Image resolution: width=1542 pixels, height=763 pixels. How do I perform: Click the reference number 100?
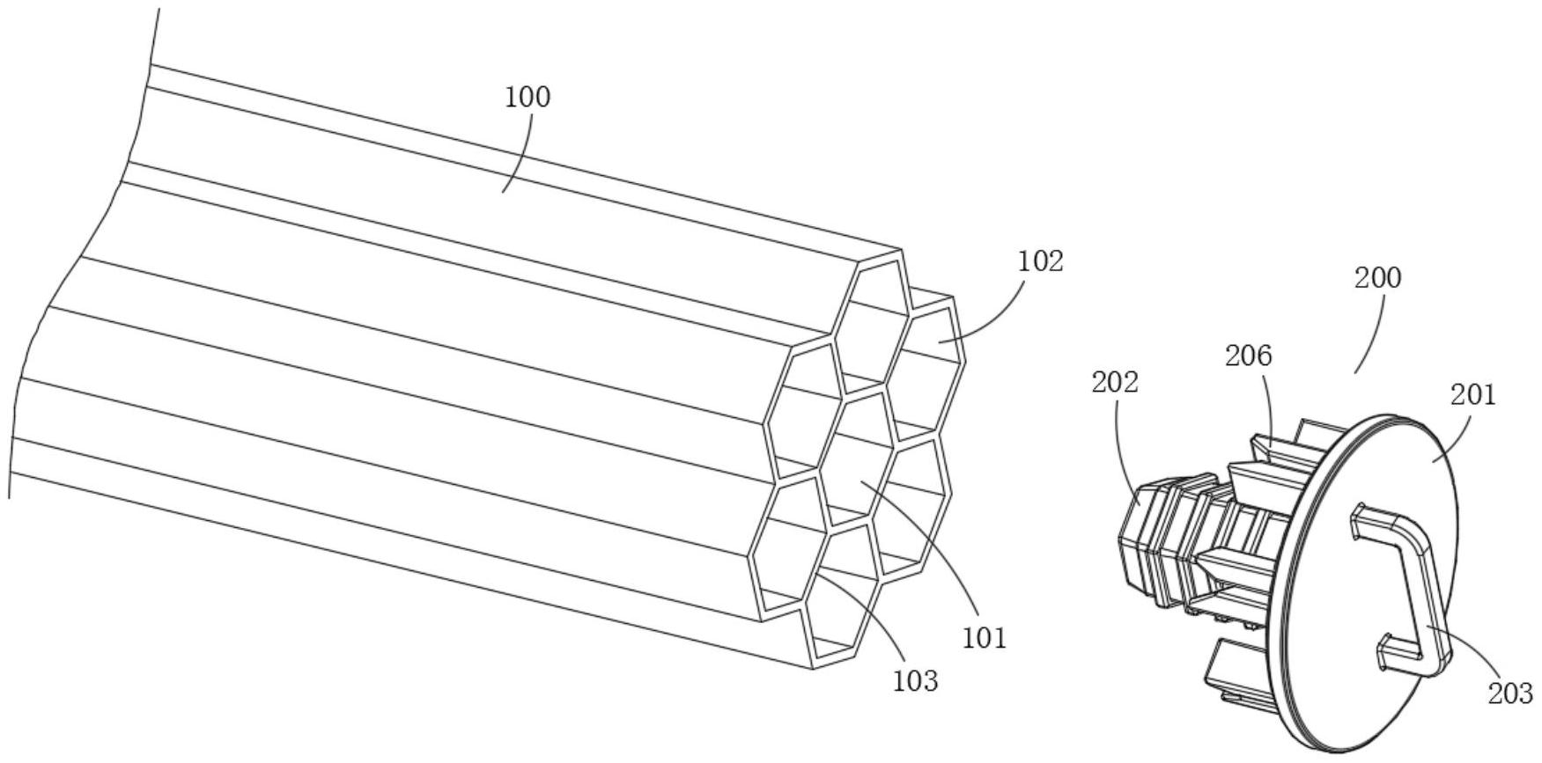point(527,97)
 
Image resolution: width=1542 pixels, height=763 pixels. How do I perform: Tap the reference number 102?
point(1040,261)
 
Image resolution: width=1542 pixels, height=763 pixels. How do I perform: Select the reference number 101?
point(984,637)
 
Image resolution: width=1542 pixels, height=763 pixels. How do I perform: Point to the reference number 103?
point(915,680)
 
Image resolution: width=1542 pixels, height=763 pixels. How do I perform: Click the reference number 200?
point(1377,278)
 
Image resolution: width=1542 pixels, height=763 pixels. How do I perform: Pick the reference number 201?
point(1473,395)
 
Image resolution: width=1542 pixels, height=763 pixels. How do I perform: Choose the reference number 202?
point(1115,383)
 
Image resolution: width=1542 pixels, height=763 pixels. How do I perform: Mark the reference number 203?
point(1510,693)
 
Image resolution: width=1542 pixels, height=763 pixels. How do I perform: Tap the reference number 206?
point(1249,356)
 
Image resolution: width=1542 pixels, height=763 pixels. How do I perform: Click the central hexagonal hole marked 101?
point(859,462)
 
